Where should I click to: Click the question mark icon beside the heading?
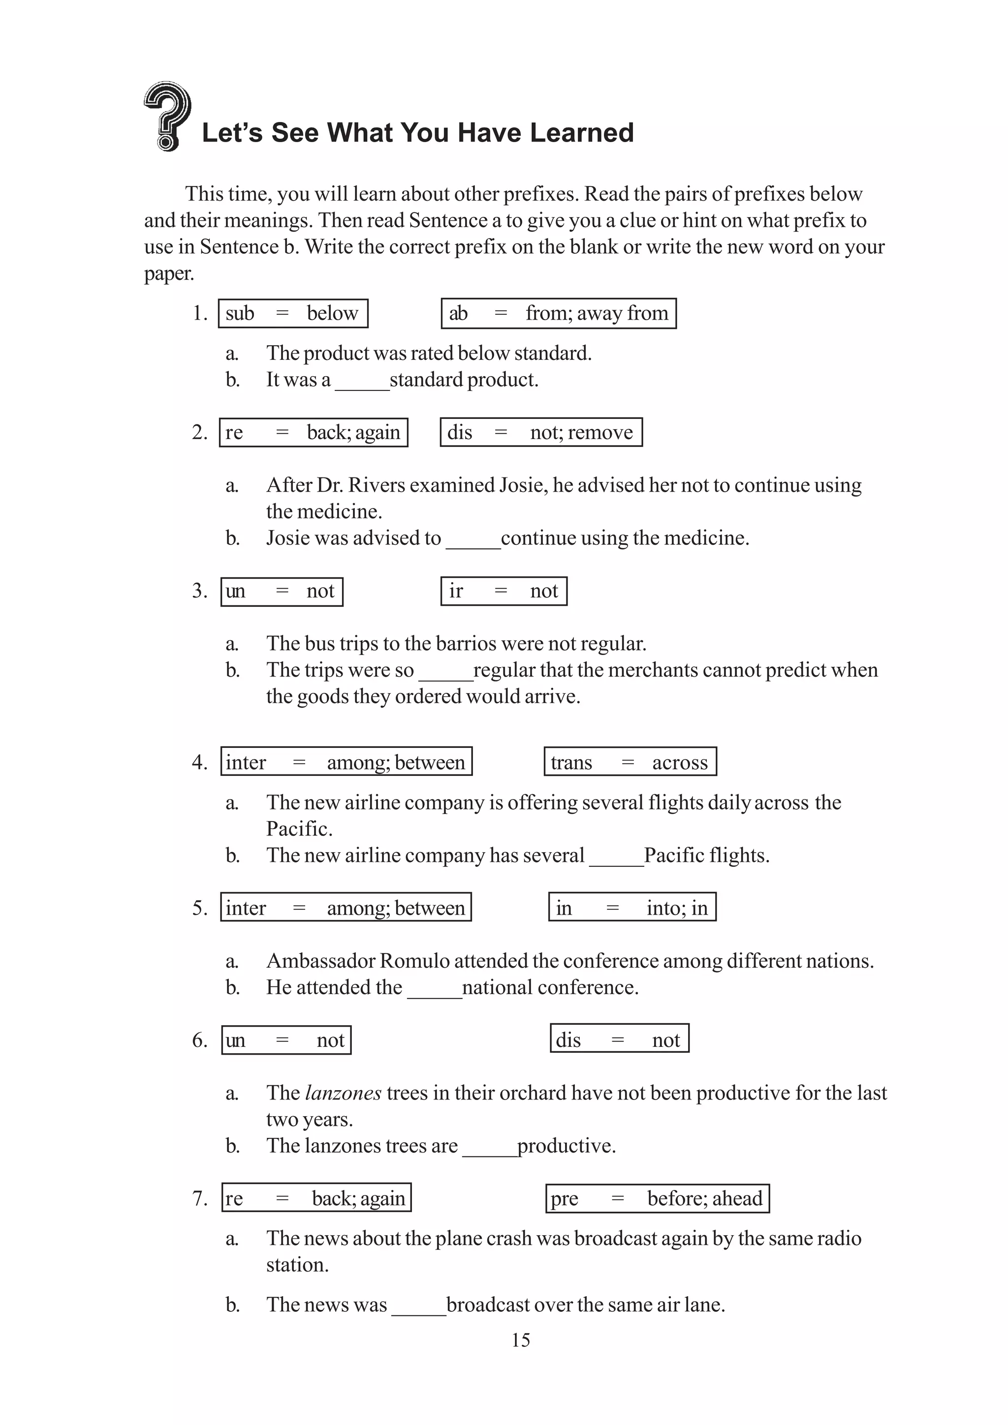166,116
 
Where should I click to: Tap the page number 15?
520,1340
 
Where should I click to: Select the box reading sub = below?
292,313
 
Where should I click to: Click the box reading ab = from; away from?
558,313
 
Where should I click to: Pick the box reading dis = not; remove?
540,432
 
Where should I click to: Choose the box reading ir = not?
503,591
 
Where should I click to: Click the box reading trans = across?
630,762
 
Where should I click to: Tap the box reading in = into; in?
631,907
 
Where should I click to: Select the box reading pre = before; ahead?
657,1198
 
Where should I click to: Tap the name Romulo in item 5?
414,961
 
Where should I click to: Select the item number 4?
199,762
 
